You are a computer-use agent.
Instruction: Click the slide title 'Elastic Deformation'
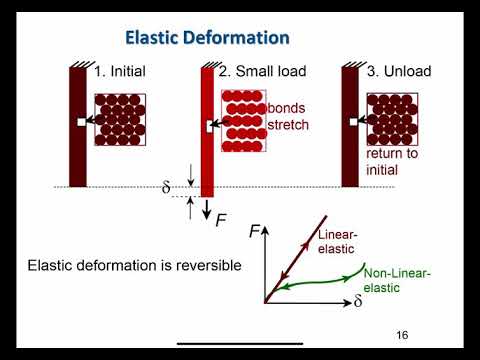pos(207,39)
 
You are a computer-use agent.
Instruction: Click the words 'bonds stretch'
pos(288,117)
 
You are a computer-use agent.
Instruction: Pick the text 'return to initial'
pos(388,161)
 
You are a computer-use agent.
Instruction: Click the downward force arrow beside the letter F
pos(207,208)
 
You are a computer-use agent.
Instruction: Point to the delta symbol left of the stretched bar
pos(167,187)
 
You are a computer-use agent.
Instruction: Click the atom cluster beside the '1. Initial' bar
pos(120,120)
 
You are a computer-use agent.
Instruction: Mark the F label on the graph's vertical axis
pos(254,231)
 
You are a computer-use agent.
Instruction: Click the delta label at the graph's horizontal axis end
pos(358,301)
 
